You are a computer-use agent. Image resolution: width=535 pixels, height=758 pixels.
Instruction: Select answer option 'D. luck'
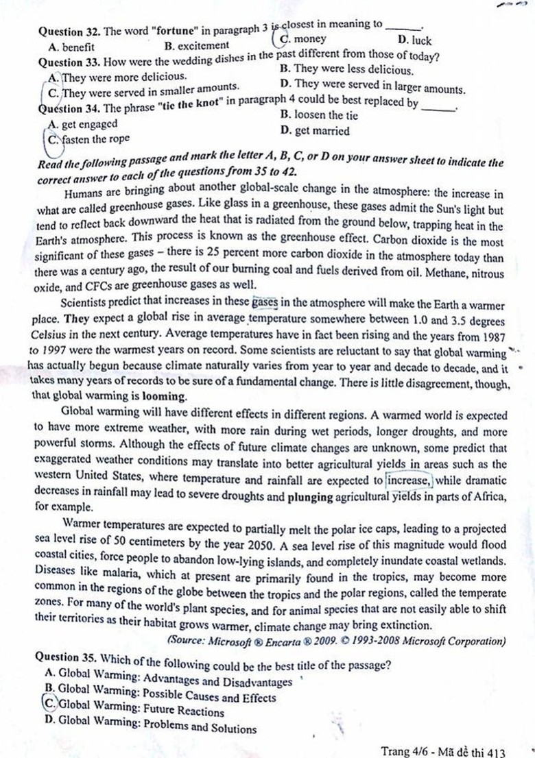[x=409, y=41]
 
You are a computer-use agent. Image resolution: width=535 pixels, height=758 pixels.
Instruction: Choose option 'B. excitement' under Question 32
[x=197, y=45]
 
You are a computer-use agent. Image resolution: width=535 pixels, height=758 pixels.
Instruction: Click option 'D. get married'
[x=315, y=131]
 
